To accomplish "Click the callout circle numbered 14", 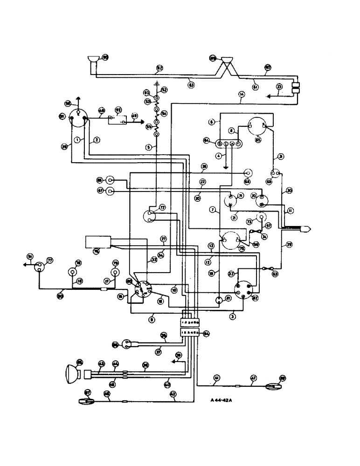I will [241, 94].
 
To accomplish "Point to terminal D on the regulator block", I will [220, 144].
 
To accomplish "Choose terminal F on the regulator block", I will [237, 144].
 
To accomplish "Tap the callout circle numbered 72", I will [163, 208].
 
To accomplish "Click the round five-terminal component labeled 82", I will [245, 290].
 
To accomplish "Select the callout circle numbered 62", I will [159, 69].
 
